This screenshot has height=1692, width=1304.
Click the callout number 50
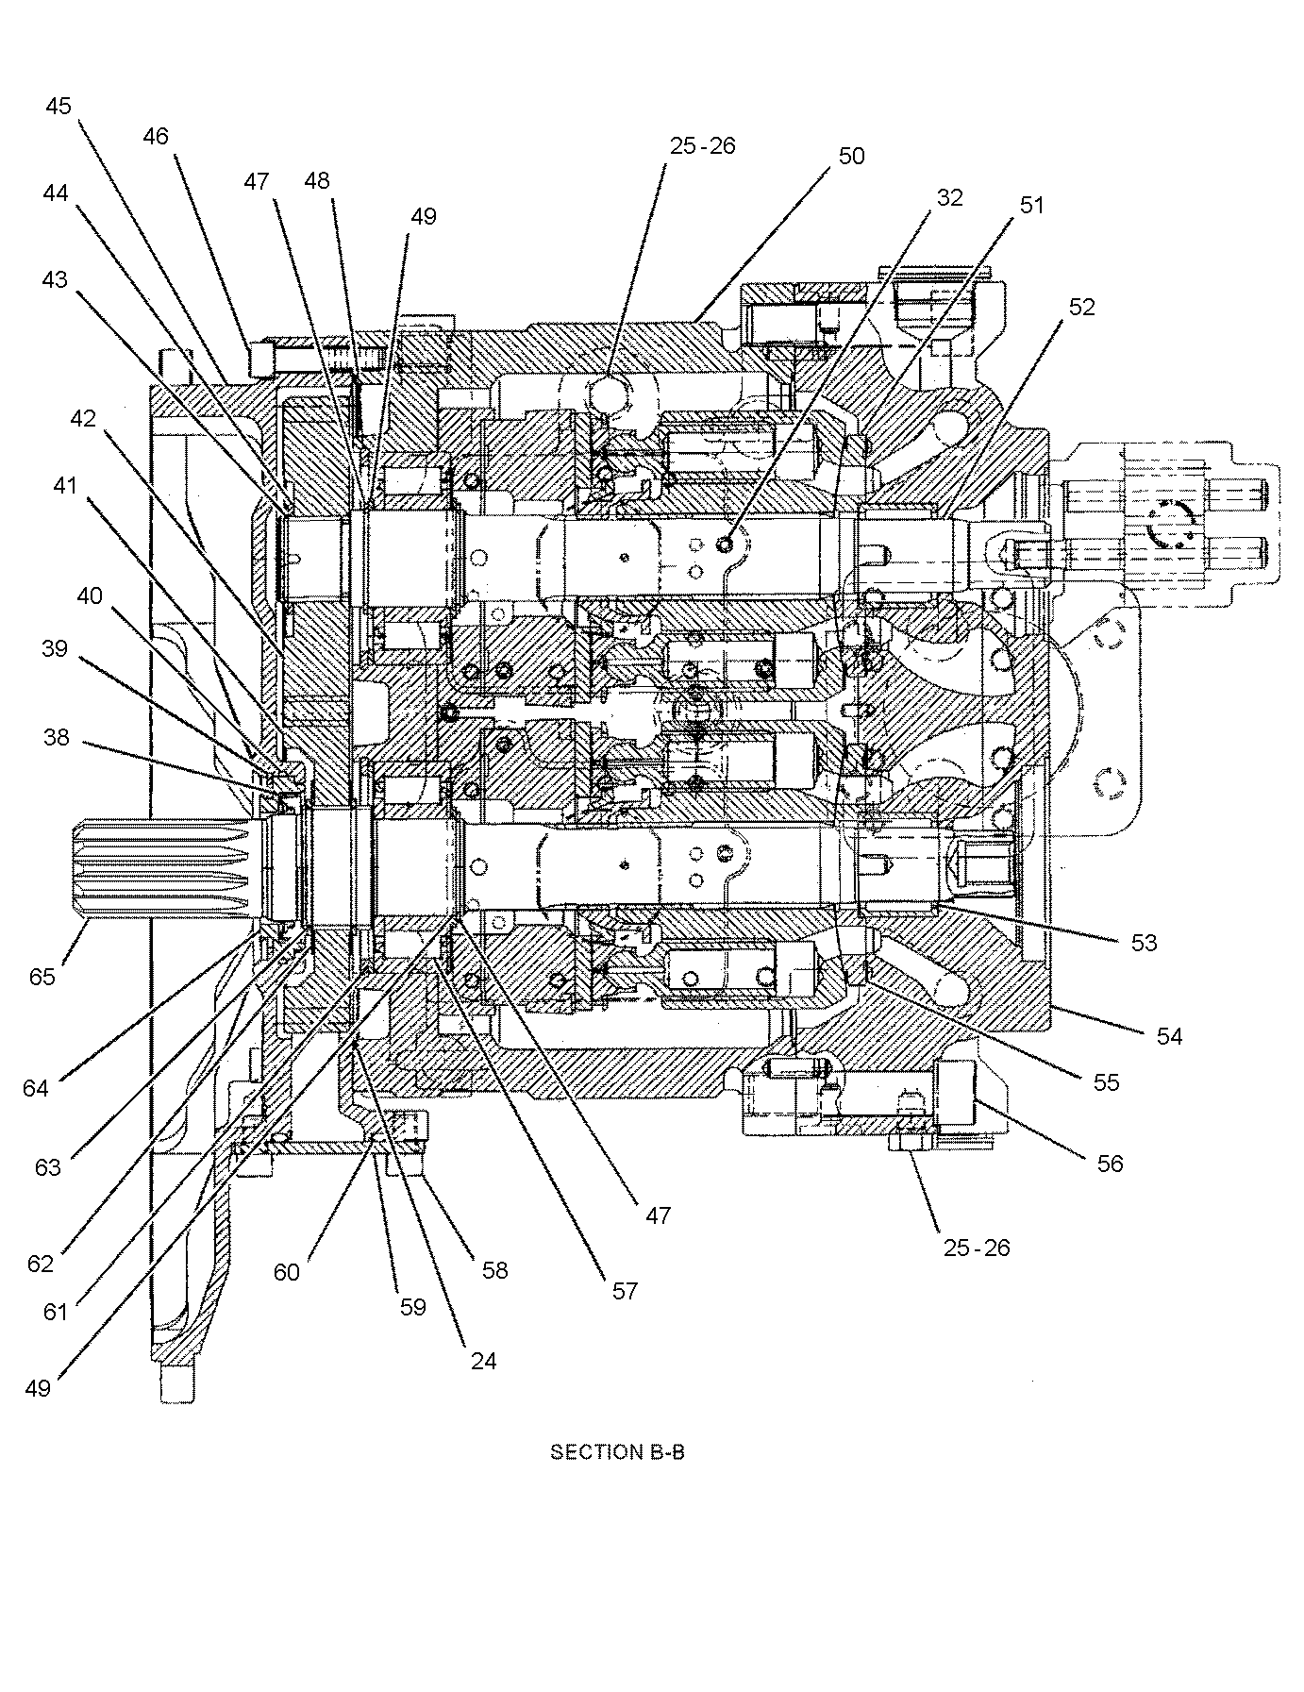pyautogui.click(x=851, y=156)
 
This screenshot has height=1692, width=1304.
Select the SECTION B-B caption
pyautogui.click(x=617, y=1451)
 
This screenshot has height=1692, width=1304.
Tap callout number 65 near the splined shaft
pyautogui.click(x=42, y=977)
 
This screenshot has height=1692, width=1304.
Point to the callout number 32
pyautogui.click(x=949, y=197)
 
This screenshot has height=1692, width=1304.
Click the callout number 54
pyautogui.click(x=1169, y=1036)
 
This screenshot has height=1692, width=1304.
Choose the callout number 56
pyautogui.click(x=1111, y=1164)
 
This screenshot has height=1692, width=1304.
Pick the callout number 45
pyautogui.click(x=59, y=106)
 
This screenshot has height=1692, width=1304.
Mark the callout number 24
pyautogui.click(x=483, y=1361)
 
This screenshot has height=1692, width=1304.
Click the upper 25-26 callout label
pyautogui.click(x=702, y=146)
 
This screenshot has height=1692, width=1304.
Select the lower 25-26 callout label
pyautogui.click(x=977, y=1248)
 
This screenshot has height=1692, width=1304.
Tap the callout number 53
pyautogui.click(x=1144, y=942)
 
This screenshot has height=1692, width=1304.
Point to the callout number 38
pyautogui.click(x=57, y=737)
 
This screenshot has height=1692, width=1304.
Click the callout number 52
pyautogui.click(x=1081, y=308)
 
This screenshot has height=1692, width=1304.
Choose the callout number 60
pyautogui.click(x=287, y=1272)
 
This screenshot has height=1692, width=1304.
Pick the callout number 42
pyautogui.click(x=83, y=417)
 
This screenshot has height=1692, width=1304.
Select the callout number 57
pyautogui.click(x=625, y=1290)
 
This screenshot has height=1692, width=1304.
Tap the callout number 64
pyautogui.click(x=36, y=1088)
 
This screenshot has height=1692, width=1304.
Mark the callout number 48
pyautogui.click(x=318, y=180)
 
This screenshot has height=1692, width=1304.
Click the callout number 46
pyautogui.click(x=156, y=137)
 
